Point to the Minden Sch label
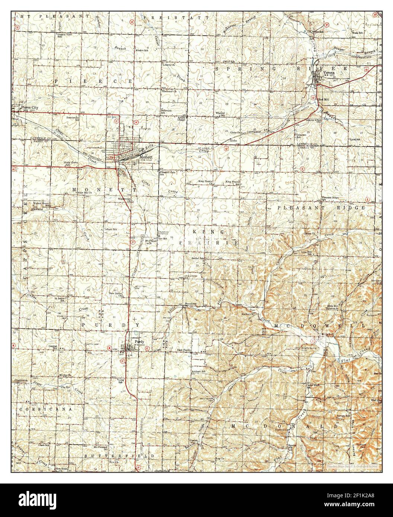[x=142, y=50]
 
